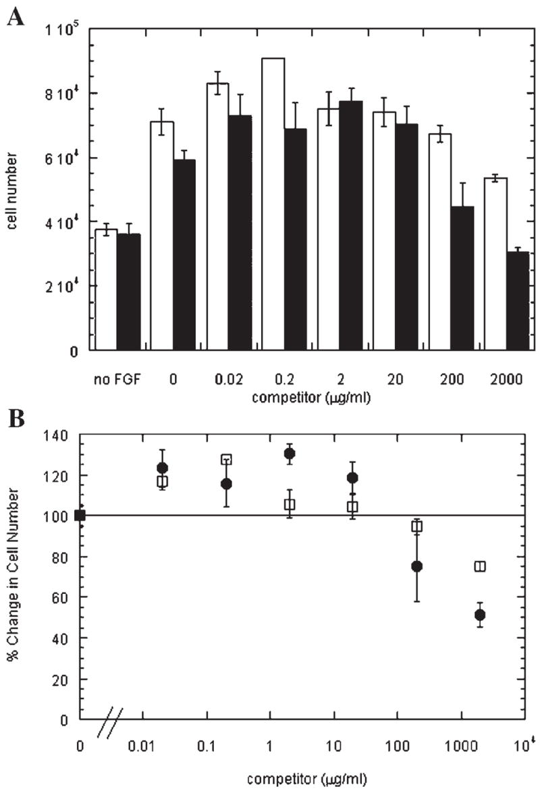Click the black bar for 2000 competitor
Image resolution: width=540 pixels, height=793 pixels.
click(518, 301)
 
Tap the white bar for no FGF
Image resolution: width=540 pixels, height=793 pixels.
click(106, 290)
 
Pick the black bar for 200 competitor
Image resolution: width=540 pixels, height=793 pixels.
click(462, 278)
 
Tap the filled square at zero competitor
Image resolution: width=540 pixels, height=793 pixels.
click(80, 516)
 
